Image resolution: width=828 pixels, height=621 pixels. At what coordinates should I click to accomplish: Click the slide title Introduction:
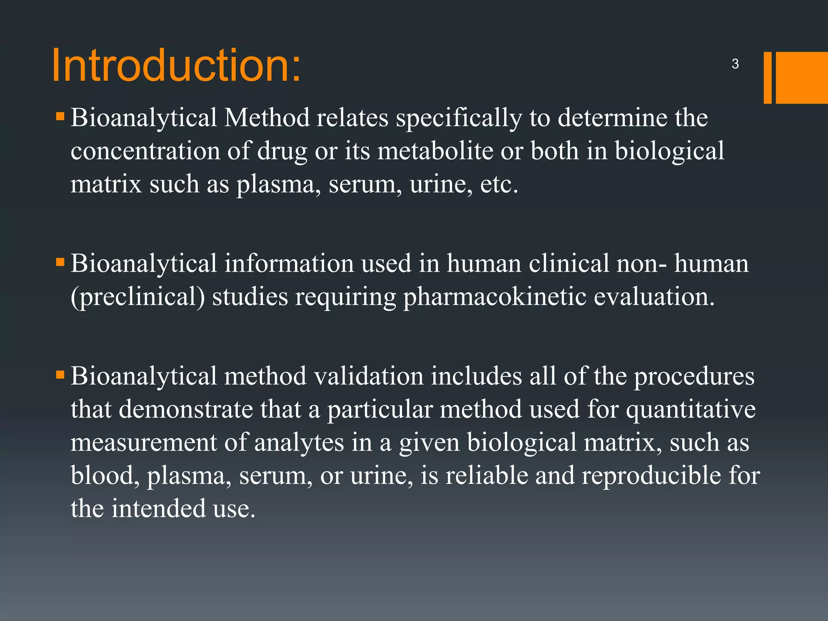pyautogui.click(x=177, y=65)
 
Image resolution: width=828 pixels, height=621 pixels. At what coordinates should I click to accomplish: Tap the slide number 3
pyautogui.click(x=735, y=64)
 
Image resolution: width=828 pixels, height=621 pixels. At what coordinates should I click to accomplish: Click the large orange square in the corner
pyautogui.click(x=801, y=78)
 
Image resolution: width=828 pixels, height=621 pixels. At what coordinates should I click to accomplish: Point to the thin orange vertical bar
pyautogui.click(x=767, y=78)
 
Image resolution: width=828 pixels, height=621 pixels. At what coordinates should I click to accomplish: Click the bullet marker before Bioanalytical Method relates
pyautogui.click(x=60, y=117)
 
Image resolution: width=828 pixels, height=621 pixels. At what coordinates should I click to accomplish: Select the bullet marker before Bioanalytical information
pyautogui.click(x=60, y=263)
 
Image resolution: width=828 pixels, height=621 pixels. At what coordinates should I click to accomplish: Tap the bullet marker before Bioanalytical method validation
pyautogui.click(x=60, y=376)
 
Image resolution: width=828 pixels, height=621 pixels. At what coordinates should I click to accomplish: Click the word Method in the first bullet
pyautogui.click(x=267, y=118)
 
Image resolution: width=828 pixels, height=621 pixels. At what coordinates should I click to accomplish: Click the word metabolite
pyautogui.click(x=435, y=151)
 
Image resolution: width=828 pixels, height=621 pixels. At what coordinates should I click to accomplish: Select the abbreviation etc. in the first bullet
pyautogui.click(x=499, y=184)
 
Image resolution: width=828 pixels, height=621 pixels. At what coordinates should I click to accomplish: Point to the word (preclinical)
pyautogui.click(x=138, y=297)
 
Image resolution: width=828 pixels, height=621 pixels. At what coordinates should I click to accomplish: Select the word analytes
pyautogui.click(x=299, y=443)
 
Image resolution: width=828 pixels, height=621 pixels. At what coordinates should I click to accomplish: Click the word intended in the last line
pyautogui.click(x=158, y=509)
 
